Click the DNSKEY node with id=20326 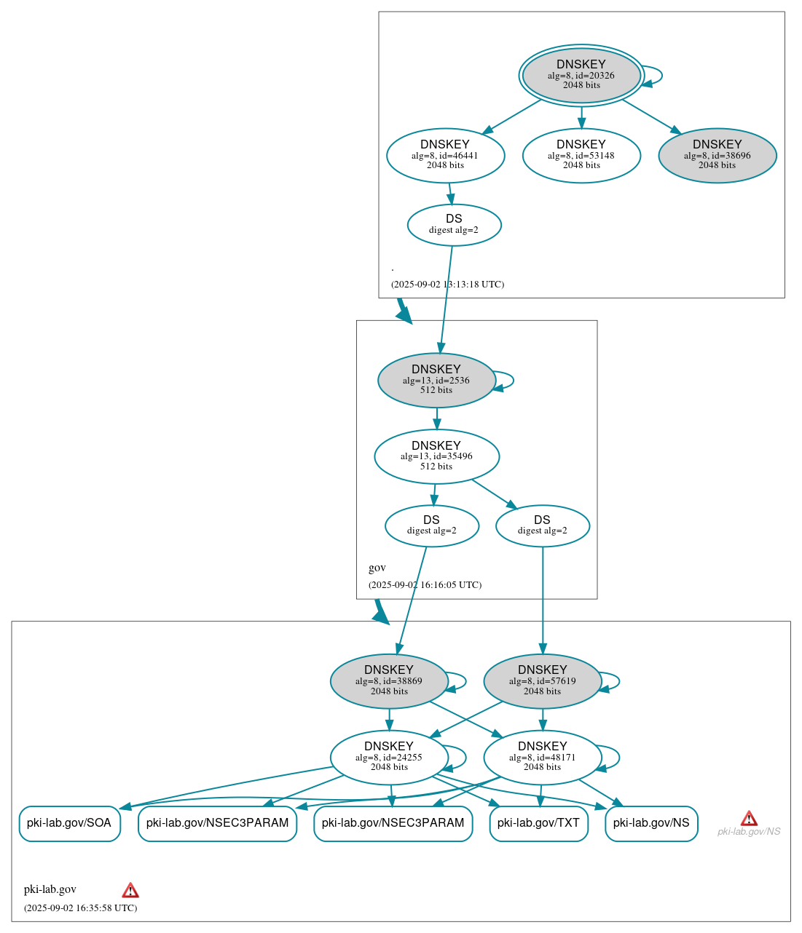click(581, 75)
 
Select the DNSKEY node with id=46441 click(445, 155)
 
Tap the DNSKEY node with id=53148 click(581, 155)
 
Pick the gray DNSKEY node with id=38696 click(717, 155)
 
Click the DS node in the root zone click(454, 225)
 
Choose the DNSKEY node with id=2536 click(436, 380)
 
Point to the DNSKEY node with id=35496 click(436, 456)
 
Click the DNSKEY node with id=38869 click(389, 681)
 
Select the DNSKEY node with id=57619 click(542, 681)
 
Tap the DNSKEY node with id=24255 click(389, 757)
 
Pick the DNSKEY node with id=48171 click(542, 757)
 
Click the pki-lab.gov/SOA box click(69, 823)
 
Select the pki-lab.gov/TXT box click(538, 823)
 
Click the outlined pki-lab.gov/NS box click(651, 823)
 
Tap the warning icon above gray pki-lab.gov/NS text click(749, 818)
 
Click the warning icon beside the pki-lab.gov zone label click(130, 890)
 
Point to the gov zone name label click(377, 568)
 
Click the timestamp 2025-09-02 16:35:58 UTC click(80, 908)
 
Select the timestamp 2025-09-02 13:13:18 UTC click(447, 284)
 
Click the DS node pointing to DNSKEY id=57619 click(542, 525)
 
